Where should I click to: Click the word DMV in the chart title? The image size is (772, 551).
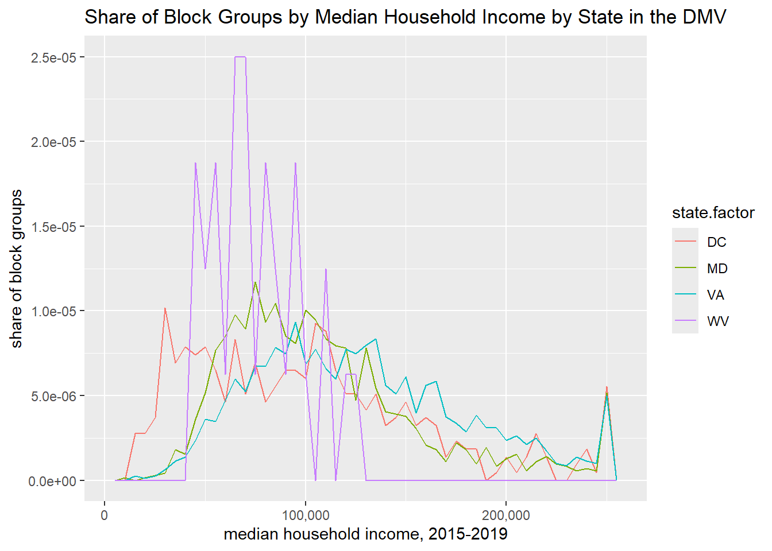coord(704,17)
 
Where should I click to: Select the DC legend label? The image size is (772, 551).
coord(716,242)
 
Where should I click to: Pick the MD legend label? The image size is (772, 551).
coord(717,269)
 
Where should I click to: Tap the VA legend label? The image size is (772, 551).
coord(716,295)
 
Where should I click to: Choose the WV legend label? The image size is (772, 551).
coord(717,321)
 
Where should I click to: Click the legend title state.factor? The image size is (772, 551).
coord(713,213)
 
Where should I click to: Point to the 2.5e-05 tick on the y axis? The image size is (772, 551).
coord(53,57)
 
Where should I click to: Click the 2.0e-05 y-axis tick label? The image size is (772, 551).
coord(53,142)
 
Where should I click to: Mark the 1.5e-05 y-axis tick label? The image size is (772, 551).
coord(53,227)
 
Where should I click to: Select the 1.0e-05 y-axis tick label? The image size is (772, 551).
coord(53,311)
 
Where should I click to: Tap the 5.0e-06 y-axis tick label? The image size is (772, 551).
coord(53,396)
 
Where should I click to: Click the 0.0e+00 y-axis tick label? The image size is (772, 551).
coord(52,481)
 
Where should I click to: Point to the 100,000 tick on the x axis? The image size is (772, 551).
coord(306,515)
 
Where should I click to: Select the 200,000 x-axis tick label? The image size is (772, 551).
coord(506,515)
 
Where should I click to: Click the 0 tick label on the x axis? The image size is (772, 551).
coord(105,515)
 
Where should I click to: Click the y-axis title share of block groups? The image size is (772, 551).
coord(17,269)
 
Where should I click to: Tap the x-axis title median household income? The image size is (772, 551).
coord(365,534)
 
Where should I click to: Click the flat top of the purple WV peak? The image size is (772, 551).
coord(240,57)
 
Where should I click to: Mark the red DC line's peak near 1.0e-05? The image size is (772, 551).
coord(165,308)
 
